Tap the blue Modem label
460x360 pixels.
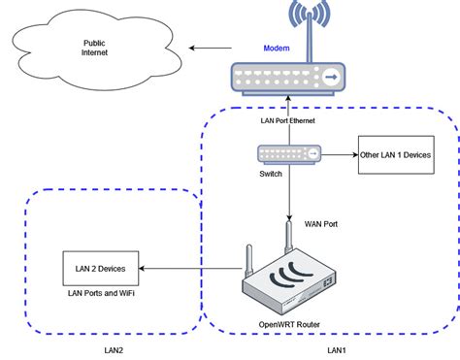(277, 48)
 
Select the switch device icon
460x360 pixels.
(289, 153)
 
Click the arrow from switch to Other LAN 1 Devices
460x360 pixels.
(338, 154)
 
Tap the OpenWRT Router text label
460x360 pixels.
(290, 324)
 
